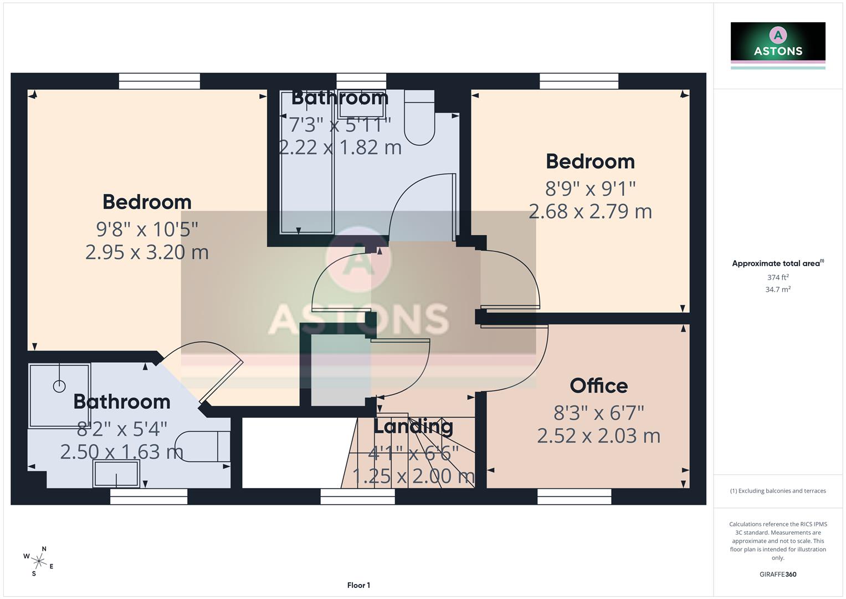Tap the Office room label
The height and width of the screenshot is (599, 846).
598,386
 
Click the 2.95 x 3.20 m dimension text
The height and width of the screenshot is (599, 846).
147,252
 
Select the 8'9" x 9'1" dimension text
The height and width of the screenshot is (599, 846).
590,189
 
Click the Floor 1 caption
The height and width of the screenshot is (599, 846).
358,585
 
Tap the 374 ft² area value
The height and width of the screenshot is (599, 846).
777,277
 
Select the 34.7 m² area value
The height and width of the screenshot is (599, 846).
777,289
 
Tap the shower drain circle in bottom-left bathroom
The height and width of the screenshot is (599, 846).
59,387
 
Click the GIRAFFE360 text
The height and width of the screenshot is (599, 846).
777,574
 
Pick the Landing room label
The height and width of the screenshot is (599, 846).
413,427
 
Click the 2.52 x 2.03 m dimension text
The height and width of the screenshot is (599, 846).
598,436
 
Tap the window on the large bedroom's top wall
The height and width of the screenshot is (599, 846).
160,82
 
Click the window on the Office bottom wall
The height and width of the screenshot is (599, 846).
575,496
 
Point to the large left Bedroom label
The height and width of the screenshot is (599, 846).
147,202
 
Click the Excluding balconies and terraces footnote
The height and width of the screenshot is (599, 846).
777,491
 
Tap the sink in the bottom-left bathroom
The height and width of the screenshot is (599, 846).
116,474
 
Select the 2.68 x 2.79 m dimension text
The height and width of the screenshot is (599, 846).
590,211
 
